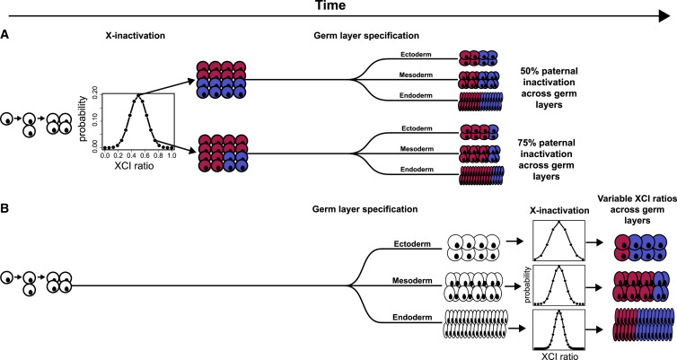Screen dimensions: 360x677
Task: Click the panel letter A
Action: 5,33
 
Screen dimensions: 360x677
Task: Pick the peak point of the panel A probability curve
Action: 137,96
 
